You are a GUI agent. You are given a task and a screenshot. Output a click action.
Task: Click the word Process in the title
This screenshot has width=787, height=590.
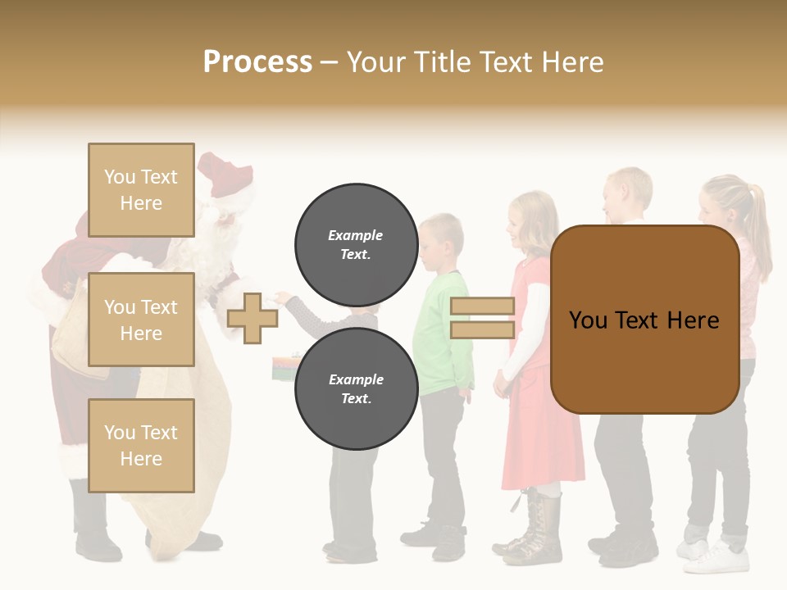click(x=257, y=62)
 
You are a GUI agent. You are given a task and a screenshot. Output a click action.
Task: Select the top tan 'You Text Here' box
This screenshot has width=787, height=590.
click(x=141, y=190)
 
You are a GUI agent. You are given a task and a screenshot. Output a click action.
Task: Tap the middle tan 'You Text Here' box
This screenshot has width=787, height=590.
click(x=141, y=320)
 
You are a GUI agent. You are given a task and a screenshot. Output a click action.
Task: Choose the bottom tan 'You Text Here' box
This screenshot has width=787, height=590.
click(x=141, y=445)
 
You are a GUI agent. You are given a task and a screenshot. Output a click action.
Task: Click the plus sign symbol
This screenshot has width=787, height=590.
click(x=252, y=318)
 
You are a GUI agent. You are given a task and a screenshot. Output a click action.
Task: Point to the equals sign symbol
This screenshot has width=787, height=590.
click(x=482, y=318)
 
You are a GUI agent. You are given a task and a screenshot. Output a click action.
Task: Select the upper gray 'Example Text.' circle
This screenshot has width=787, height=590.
click(x=356, y=244)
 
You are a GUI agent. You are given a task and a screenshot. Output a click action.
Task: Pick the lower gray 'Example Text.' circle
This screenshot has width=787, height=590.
click(x=356, y=388)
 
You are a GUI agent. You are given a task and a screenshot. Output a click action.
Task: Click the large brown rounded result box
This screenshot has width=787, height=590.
click(x=644, y=320)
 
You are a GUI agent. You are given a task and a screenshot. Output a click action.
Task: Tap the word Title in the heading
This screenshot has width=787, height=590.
click(x=447, y=62)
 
